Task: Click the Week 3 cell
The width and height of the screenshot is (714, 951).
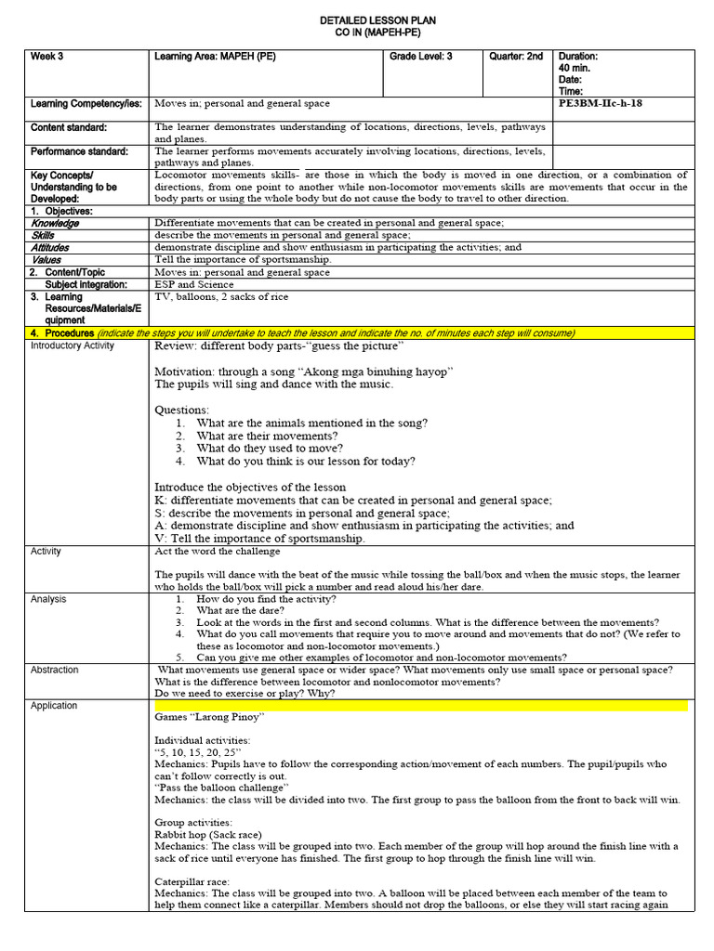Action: (46, 57)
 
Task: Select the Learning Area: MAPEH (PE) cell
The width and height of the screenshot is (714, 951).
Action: (215, 57)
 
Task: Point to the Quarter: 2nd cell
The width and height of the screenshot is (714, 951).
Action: (517, 57)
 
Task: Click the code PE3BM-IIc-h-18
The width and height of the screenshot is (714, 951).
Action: (601, 103)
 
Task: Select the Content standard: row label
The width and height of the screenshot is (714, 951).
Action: (69, 127)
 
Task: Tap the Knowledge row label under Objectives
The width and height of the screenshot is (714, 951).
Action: (55, 224)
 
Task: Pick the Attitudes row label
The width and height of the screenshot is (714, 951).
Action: (50, 248)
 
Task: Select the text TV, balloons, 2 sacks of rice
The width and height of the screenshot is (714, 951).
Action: (221, 297)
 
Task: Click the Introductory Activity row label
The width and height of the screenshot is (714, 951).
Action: (73, 345)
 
